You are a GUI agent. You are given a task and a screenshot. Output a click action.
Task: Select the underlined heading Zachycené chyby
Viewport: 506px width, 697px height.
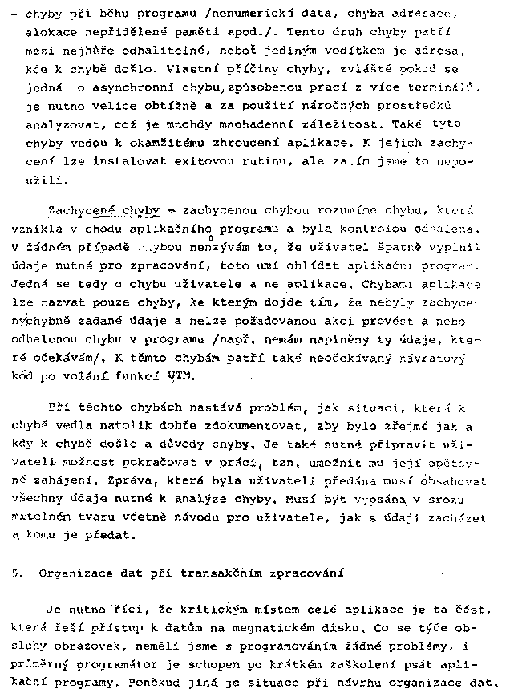click(103, 209)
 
